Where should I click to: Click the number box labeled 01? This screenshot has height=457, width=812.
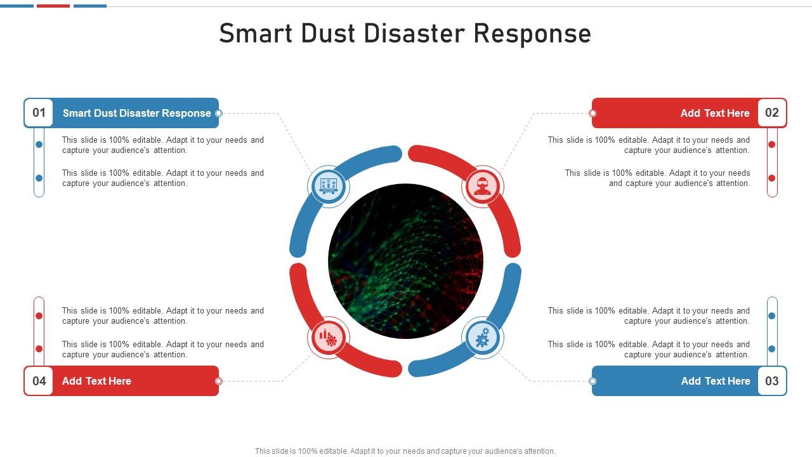39,113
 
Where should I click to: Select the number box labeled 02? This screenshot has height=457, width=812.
771,113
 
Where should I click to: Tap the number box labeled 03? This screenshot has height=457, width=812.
771,381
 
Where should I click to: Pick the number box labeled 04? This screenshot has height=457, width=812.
39,381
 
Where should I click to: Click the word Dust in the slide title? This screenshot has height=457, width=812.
328,33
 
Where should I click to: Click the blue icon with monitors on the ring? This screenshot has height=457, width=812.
329,186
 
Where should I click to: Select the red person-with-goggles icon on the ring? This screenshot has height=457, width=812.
483,186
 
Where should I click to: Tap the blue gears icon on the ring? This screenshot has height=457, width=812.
483,337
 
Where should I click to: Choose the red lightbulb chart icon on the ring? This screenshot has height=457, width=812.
329,337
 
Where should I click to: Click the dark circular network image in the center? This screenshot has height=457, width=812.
405,261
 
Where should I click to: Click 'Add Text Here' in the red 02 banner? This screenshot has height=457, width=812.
715,113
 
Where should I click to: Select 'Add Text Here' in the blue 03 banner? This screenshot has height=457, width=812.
716,381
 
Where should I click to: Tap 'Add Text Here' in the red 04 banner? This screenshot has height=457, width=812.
96,381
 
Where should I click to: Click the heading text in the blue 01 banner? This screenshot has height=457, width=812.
137,113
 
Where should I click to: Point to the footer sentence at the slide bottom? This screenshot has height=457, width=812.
405,451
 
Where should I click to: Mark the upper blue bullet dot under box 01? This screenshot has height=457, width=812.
39,145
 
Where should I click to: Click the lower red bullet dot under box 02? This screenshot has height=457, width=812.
772,178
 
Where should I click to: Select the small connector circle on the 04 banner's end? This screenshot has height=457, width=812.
219,381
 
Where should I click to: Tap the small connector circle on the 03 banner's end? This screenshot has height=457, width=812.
593,381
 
